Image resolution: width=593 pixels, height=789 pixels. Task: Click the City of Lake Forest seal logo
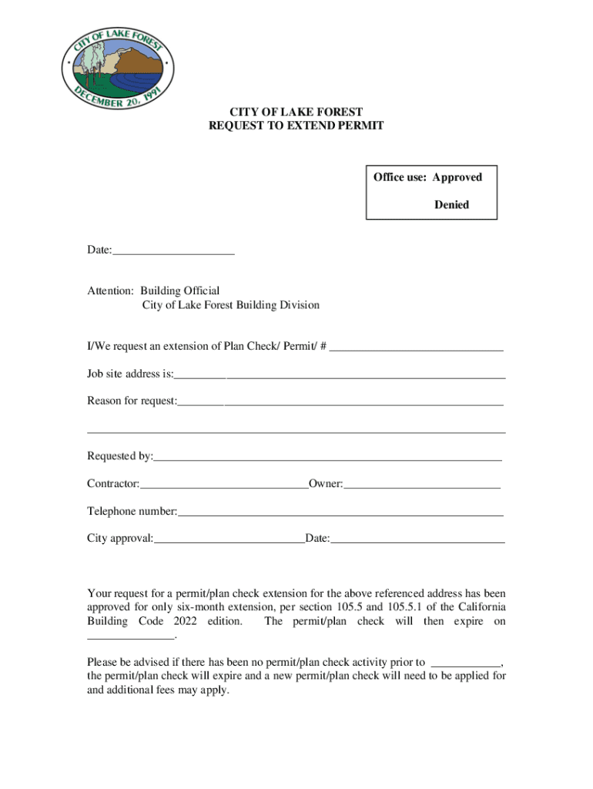point(118,68)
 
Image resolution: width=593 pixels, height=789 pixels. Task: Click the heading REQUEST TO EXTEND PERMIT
point(296,126)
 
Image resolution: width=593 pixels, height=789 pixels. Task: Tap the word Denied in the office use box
point(451,205)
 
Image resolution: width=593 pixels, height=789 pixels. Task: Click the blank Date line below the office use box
point(173,250)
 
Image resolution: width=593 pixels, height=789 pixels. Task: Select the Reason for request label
point(132,401)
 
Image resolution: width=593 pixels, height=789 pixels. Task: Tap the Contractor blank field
point(224,484)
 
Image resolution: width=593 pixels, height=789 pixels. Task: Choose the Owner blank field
point(422,484)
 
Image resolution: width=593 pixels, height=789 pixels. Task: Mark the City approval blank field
point(229,539)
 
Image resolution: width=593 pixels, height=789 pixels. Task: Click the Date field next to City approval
point(417,539)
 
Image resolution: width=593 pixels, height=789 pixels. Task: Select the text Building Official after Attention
point(179,290)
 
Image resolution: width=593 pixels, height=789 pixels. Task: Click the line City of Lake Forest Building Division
point(230,305)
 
